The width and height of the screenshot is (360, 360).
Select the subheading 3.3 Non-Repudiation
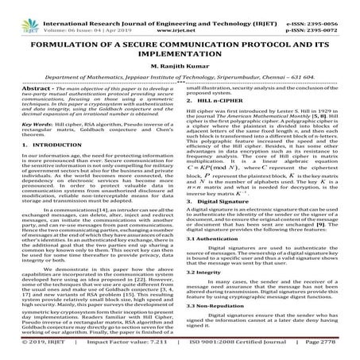click(220, 326)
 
